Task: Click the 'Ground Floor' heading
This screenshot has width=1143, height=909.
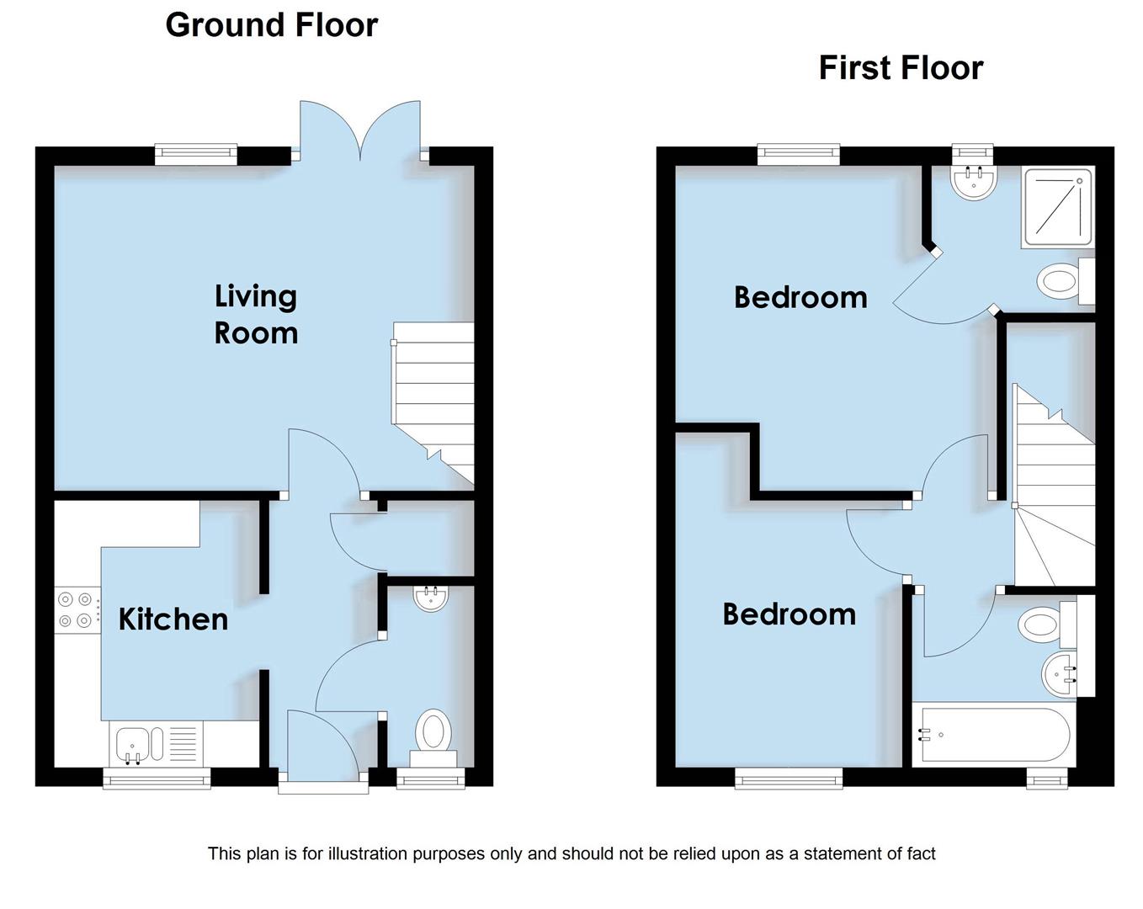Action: (x=271, y=25)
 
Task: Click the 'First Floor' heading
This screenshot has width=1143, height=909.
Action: (x=900, y=68)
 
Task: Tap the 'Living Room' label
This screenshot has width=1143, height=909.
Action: (x=256, y=314)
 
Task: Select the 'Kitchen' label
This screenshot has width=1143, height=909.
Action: (x=173, y=619)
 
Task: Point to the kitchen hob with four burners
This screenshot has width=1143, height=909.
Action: (x=74, y=610)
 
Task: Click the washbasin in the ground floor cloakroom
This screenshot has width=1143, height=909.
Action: (x=432, y=598)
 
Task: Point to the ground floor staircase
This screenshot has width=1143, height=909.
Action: (x=434, y=396)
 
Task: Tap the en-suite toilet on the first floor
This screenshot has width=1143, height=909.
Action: (x=1061, y=280)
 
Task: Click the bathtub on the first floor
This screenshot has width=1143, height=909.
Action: (x=994, y=735)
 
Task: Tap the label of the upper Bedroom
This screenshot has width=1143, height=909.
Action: (x=800, y=298)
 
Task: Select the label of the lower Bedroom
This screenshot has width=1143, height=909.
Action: (x=789, y=614)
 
